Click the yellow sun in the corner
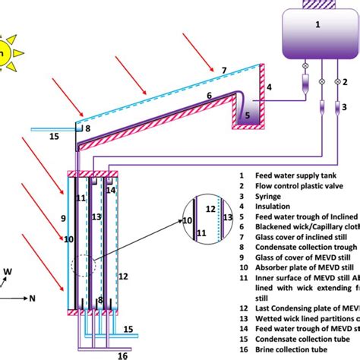7,52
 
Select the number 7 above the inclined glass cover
223,71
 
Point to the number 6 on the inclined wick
209,95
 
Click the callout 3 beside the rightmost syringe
345,107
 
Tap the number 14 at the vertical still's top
111,191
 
